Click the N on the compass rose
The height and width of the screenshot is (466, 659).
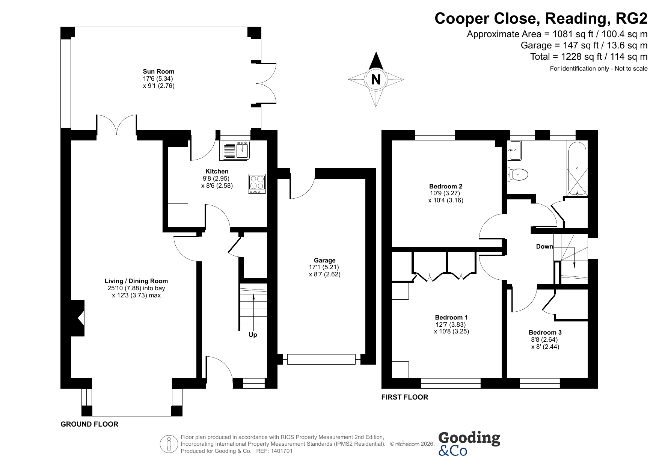[x=376, y=80]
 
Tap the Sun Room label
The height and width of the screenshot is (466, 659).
[x=158, y=71]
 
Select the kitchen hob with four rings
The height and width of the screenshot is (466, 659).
[x=257, y=184]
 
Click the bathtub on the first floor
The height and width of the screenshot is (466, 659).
[x=577, y=169]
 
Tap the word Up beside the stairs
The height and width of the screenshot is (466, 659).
[x=253, y=335]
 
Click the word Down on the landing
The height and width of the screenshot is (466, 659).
[x=544, y=246]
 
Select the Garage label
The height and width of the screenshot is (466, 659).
[x=325, y=260]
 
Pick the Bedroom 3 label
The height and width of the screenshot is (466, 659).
[x=545, y=332]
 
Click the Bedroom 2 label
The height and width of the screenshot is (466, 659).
[x=446, y=186]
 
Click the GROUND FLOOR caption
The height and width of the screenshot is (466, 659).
[x=89, y=424]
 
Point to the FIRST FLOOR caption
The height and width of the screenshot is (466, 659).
[x=405, y=397]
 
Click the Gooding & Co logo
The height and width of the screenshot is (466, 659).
[x=469, y=443]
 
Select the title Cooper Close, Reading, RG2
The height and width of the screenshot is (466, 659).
[x=541, y=18]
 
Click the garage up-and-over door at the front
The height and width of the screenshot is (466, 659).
[x=321, y=359]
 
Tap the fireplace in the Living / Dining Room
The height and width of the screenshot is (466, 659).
[x=78, y=318]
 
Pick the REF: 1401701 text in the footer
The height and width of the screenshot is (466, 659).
[x=274, y=451]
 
